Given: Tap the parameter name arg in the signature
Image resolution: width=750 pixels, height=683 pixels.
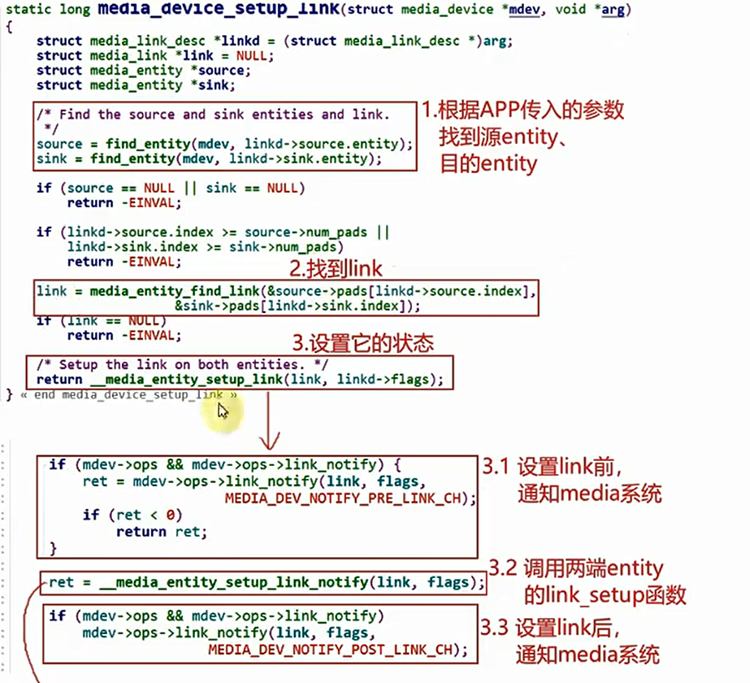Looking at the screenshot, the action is pyautogui.click(x=616, y=10).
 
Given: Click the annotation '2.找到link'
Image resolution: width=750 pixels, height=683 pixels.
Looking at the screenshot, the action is pyautogui.click(x=336, y=268).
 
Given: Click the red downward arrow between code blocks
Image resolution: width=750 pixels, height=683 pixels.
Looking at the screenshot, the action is pyautogui.click(x=269, y=426).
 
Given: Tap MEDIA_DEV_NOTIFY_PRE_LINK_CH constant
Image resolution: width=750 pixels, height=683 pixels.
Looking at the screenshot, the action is pyautogui.click(x=349, y=498).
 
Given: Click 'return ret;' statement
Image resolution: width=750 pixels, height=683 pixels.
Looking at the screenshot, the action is pyautogui.click(x=162, y=532).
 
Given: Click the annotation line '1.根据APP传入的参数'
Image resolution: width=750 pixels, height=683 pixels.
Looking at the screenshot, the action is pyautogui.click(x=522, y=110).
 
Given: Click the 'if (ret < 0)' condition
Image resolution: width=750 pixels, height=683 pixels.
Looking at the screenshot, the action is pyautogui.click(x=132, y=515).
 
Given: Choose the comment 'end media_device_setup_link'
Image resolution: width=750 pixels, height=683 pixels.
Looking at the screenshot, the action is pyautogui.click(x=129, y=395).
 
